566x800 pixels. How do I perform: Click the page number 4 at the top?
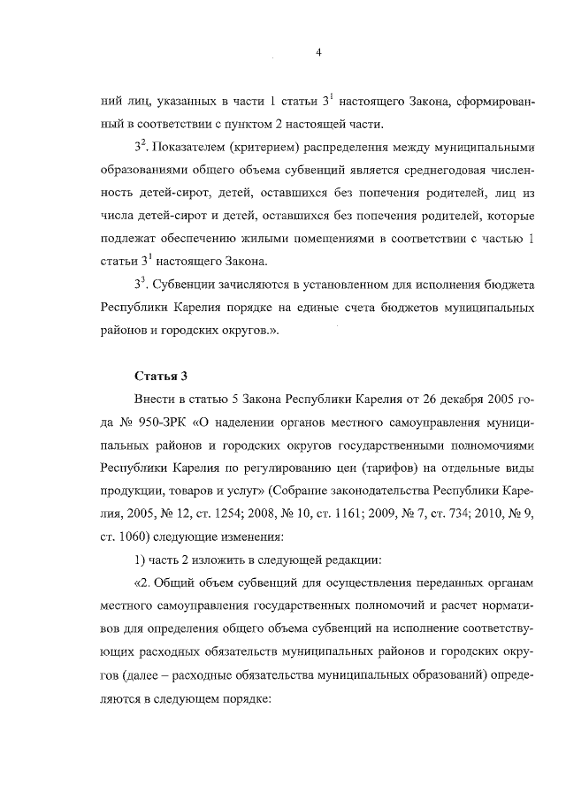coord(317,52)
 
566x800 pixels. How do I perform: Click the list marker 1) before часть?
coord(139,560)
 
